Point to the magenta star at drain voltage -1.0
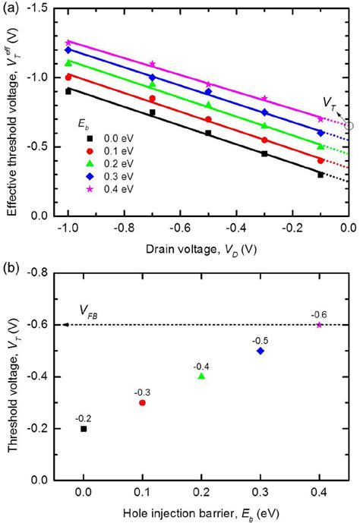pos(68,43)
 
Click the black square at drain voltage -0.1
pos(321,175)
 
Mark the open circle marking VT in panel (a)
pos(349,125)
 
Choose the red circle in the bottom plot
pos(142,402)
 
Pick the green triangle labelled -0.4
pos(201,376)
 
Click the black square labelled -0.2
pos(84,429)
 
